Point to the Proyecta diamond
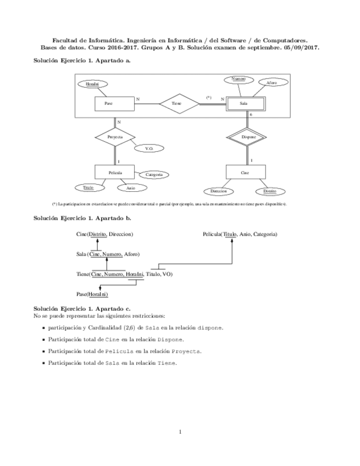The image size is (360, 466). [115, 136]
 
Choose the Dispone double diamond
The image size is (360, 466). [246, 136]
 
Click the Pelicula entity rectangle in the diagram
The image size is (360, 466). [115, 173]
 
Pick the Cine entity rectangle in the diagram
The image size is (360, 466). [246, 173]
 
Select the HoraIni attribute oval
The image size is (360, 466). [93, 84]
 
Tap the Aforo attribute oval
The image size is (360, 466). [272, 83]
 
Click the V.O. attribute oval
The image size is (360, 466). [149, 148]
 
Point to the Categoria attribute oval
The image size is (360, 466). [154, 175]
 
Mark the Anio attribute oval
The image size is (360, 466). [131, 188]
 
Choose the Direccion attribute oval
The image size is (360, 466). [219, 191]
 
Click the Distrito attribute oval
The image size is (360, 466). [270, 191]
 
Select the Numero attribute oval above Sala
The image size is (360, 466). [239, 80]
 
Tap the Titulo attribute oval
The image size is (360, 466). [88, 188]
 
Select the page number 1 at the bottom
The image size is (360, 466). [180, 431]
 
